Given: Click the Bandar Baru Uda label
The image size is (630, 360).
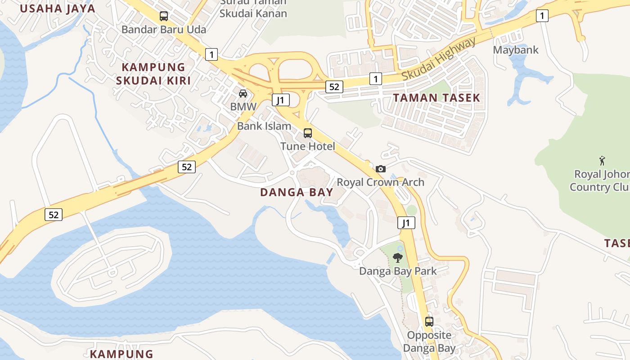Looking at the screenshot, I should click(x=164, y=30).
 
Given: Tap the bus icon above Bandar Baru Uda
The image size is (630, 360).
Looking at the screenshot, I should click(x=164, y=16).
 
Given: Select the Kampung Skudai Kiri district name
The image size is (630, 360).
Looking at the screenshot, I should click(x=154, y=74).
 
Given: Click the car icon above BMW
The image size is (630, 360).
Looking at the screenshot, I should click(x=243, y=94).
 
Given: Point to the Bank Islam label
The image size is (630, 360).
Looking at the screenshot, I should click(x=264, y=126).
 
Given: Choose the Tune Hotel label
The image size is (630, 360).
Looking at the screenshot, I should click(x=308, y=146).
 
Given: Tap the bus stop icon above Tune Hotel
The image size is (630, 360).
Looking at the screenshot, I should click(x=308, y=133).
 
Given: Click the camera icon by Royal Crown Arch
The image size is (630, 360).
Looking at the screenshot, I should click(x=381, y=169).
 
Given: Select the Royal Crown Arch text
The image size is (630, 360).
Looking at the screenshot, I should click(x=381, y=182).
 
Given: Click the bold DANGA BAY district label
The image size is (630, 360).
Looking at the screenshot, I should click(x=297, y=192).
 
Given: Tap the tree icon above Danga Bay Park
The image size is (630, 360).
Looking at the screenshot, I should click(x=398, y=258).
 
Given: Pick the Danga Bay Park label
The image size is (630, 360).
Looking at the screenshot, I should click(x=398, y=271).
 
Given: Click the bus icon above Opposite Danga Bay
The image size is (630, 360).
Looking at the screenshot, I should click(x=429, y=322).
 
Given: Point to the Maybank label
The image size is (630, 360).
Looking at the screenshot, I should click(x=516, y=49).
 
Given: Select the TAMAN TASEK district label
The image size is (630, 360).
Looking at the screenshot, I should click(x=436, y=98).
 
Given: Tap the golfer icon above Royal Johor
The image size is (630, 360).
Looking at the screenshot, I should click(x=602, y=160).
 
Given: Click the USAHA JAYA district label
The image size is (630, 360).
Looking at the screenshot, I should click(x=58, y=9).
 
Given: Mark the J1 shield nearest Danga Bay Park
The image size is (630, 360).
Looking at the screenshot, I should click(x=406, y=222).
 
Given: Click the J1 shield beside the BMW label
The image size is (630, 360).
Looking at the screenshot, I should click(x=281, y=100).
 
